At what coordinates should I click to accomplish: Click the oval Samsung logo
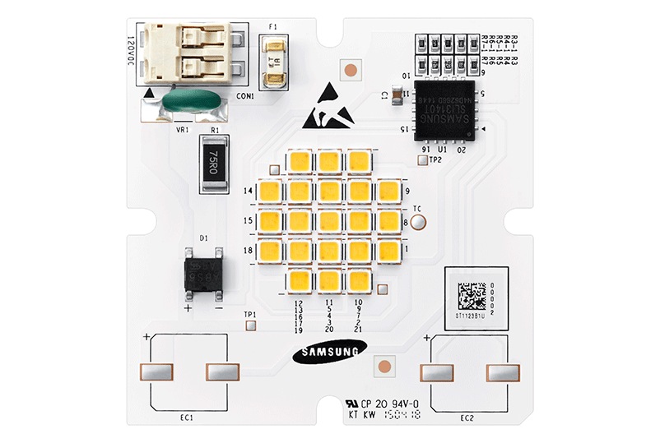click(x=328, y=353)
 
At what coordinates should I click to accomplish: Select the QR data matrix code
click(x=472, y=294)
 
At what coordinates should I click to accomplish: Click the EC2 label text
click(x=467, y=418)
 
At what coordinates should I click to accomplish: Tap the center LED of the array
click(x=329, y=221)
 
